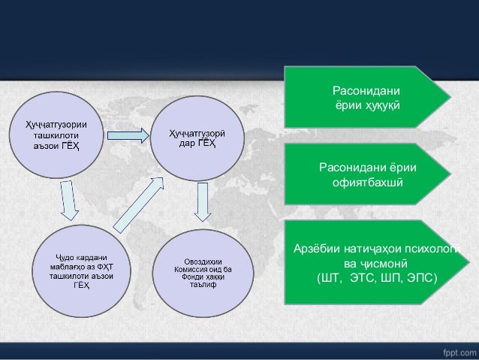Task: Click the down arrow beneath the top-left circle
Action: coord(68,201)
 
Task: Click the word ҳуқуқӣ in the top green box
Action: coord(381,104)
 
